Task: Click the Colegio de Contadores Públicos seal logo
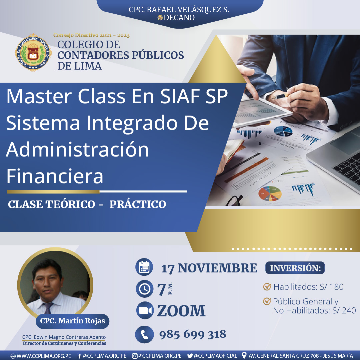pos(33,53)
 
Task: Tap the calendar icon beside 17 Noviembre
pos(144,267)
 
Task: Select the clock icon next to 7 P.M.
pos(145,289)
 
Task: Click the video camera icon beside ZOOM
pos(145,310)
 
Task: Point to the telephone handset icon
pos(144,334)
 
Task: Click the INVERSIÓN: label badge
pos(295,268)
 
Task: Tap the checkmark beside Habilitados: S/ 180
pos(267,286)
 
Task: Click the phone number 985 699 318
pos(193,334)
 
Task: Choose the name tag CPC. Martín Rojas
pos(73,321)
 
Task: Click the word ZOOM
pos(181,311)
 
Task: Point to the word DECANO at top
pos(179,18)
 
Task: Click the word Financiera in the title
pos(55,176)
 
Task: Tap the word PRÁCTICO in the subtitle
pos(138,204)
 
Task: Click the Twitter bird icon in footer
pos(190,356)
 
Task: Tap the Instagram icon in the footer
pos(135,356)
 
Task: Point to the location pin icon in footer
pos(244,356)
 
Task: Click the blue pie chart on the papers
pos(283,132)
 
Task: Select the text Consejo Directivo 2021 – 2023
pos(91,35)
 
